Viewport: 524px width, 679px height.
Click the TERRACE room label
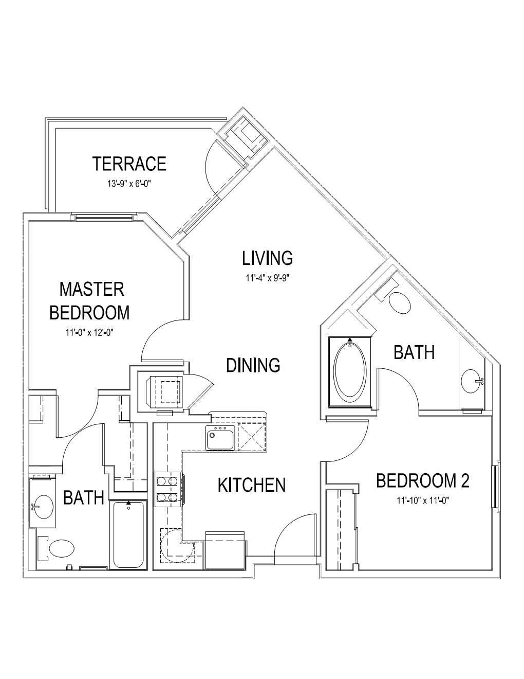click(129, 164)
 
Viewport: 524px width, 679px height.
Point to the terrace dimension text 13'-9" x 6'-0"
click(129, 184)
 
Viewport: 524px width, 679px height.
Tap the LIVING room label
click(268, 258)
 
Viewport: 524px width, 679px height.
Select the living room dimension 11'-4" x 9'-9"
click(268, 278)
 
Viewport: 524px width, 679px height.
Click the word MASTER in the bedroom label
click(92, 290)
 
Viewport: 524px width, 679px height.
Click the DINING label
click(253, 365)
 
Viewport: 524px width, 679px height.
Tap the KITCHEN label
click(252, 485)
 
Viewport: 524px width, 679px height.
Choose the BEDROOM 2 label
click(423, 480)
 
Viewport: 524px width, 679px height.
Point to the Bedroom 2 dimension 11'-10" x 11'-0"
click(423, 501)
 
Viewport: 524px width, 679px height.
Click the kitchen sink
click(220, 437)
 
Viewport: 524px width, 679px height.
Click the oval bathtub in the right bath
click(350, 373)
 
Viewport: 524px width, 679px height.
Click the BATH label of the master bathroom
click(83, 498)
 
